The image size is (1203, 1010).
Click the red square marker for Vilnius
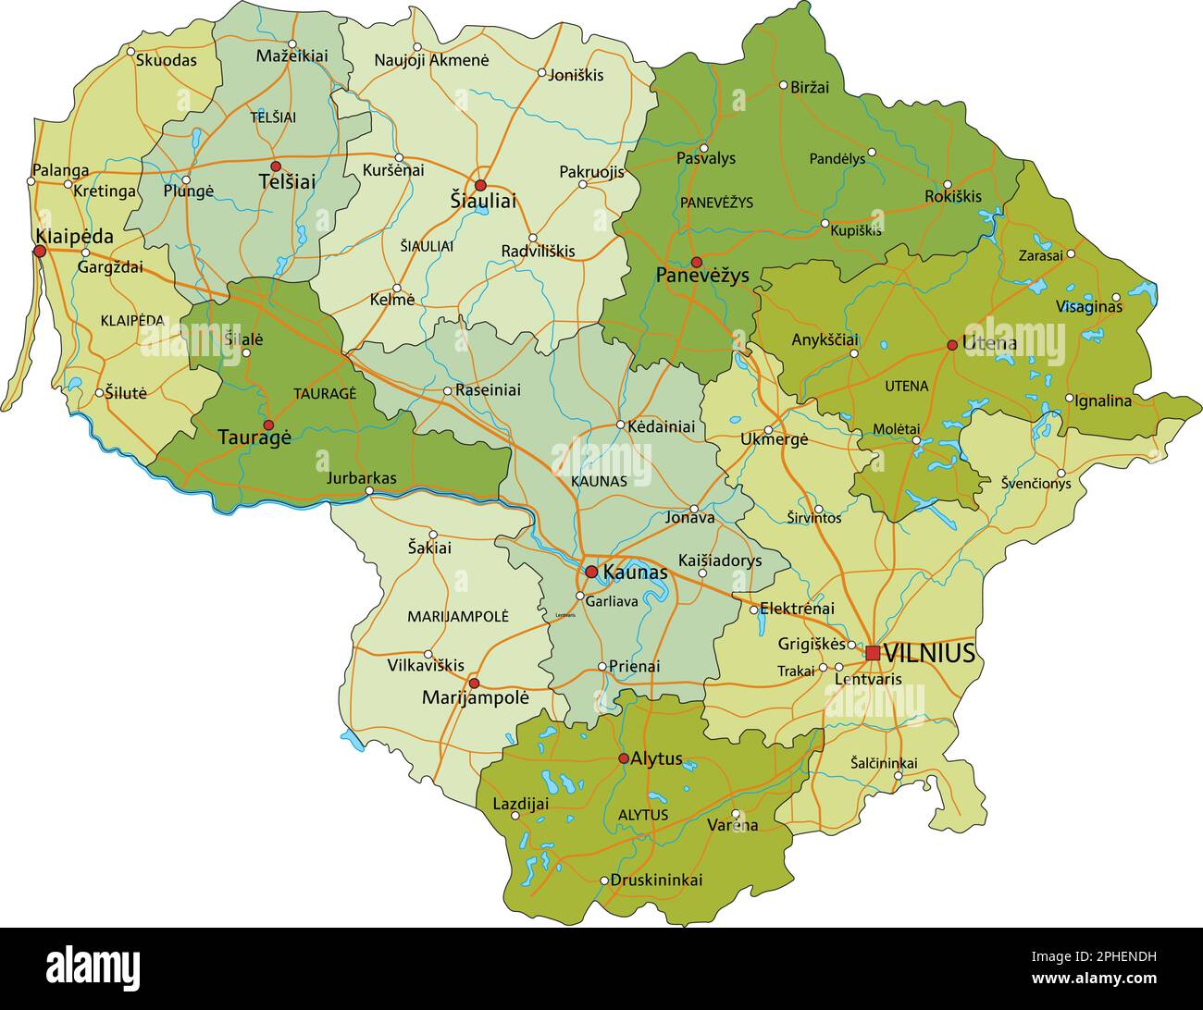pyautogui.click(x=873, y=653)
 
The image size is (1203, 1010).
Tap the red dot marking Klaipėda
pyautogui.click(x=40, y=251)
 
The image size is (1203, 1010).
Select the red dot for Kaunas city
pyautogui.click(x=591, y=572)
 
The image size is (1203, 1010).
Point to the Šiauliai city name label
pyautogui.click(x=483, y=201)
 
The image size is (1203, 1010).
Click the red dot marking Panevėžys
pyautogui.click(x=697, y=262)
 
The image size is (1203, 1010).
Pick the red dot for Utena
pyautogui.click(x=951, y=345)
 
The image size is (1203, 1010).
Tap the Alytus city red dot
pyautogui.click(x=624, y=758)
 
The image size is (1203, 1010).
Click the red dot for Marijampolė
pyautogui.click(x=474, y=684)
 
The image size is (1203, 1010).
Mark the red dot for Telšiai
pyautogui.click(x=276, y=166)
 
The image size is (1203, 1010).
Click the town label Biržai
pyautogui.click(x=810, y=87)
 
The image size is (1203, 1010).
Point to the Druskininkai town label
pyautogui.click(x=656, y=880)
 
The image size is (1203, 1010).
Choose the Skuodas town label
pyautogui.click(x=167, y=60)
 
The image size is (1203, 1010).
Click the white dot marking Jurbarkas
pyautogui.click(x=370, y=491)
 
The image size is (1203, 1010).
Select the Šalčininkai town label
pyautogui.click(x=884, y=763)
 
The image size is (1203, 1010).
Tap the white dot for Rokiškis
pyautogui.click(x=947, y=184)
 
